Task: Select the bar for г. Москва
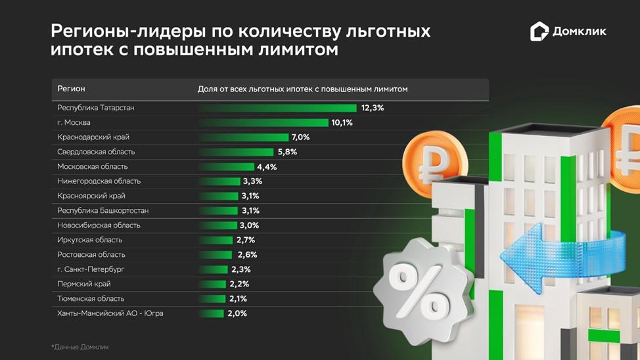click(263, 123)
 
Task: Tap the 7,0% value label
click(300, 137)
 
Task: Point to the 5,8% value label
click(288, 152)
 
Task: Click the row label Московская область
click(92, 167)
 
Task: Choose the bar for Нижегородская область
click(219, 181)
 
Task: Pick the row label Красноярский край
click(91, 196)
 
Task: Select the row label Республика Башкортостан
click(103, 211)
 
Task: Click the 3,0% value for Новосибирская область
click(249, 225)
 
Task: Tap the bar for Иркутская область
click(216, 240)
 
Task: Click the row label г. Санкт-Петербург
click(91, 269)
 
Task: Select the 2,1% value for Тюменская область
click(238, 299)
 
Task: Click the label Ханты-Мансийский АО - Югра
click(110, 313)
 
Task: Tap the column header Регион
click(71, 89)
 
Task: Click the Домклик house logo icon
click(539, 32)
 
